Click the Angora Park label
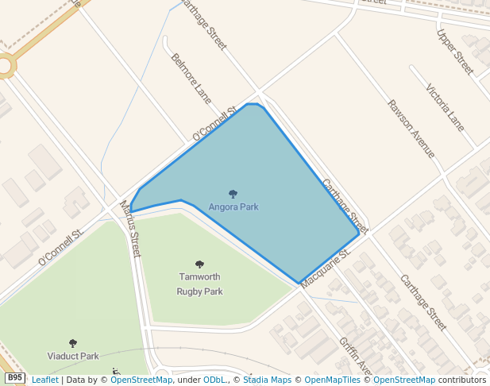point(233,207)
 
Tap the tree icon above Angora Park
point(233,194)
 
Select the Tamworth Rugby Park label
point(199,284)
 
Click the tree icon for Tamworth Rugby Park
point(199,264)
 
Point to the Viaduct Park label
point(73,356)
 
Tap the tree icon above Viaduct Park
point(73,343)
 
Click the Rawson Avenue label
point(411,128)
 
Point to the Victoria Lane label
point(445,107)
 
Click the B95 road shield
point(15,378)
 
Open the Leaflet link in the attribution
point(44,380)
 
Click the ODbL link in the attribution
point(214,380)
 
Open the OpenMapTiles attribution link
point(333,380)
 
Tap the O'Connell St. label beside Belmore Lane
point(214,123)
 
